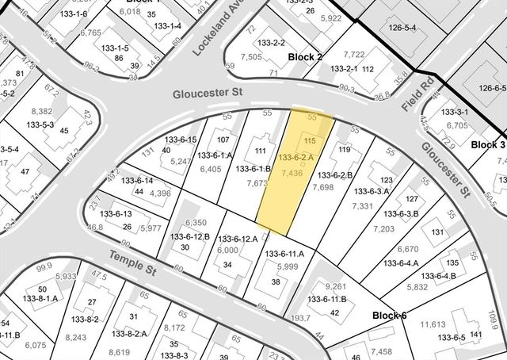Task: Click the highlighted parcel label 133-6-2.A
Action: pos(295,158)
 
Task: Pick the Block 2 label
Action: pos(305,57)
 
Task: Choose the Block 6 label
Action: pos(390,315)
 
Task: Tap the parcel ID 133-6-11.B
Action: pos(326,299)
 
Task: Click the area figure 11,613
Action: pos(433,324)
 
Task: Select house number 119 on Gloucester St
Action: pos(345,148)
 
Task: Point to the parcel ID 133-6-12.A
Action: pos(238,238)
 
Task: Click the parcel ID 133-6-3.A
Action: pos(370,190)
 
